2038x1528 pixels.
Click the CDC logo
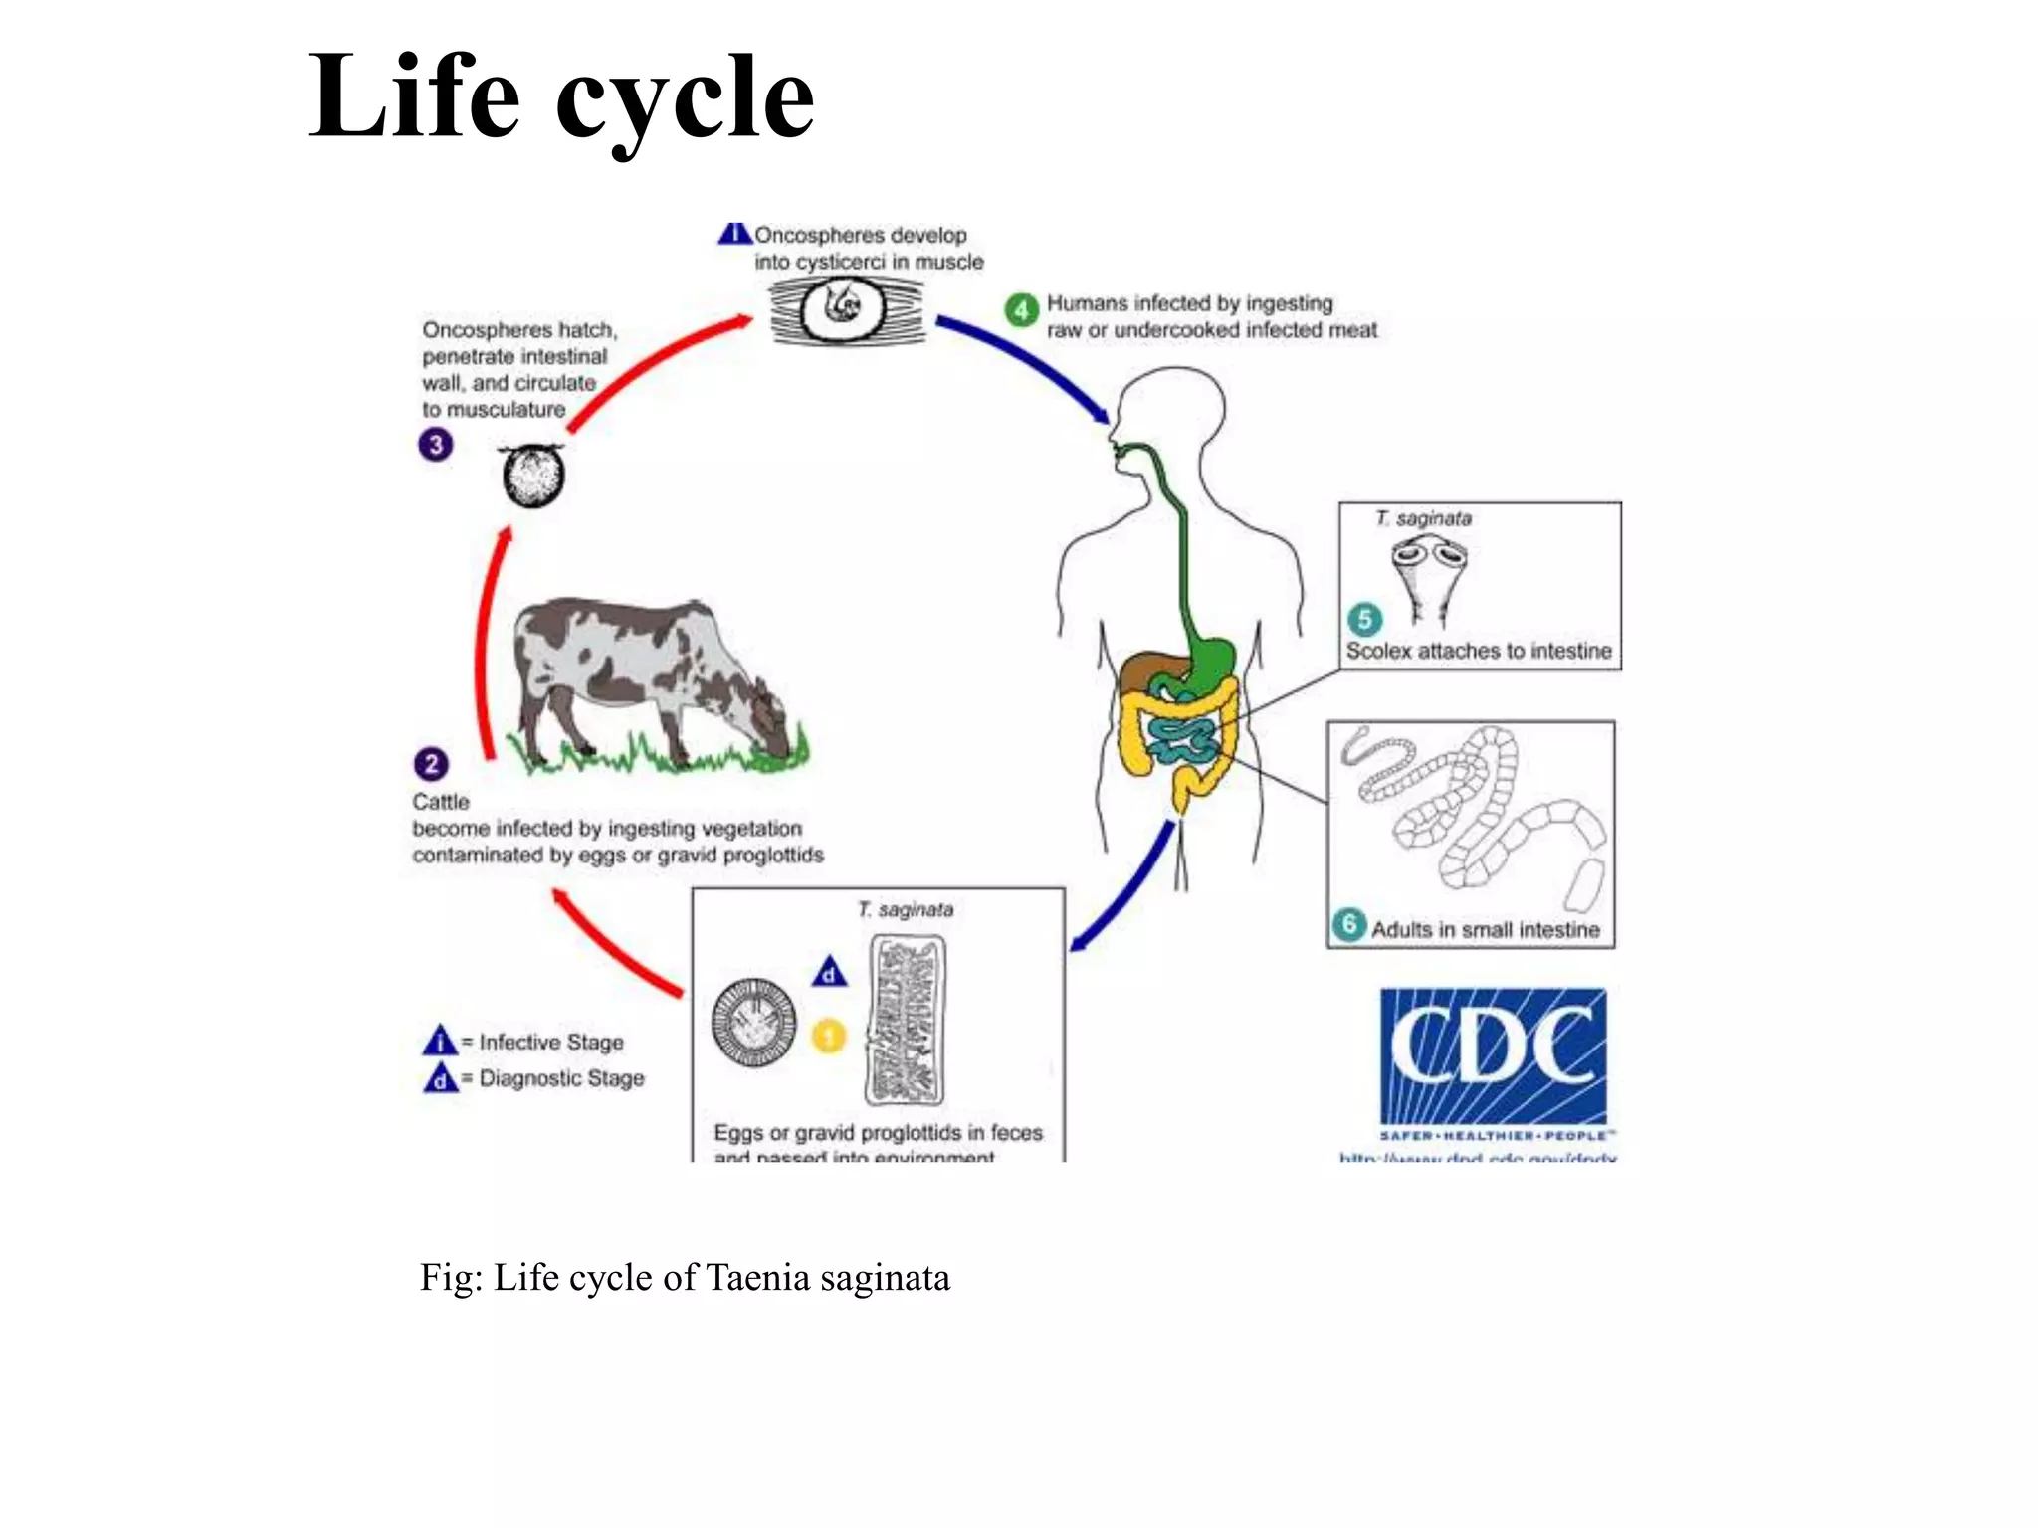tap(1493, 1056)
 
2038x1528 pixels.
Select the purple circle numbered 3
tap(435, 445)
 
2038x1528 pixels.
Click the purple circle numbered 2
tap(431, 764)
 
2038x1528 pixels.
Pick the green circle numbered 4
tap(1021, 310)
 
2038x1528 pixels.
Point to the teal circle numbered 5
tap(1364, 619)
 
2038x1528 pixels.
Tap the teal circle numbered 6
tap(1349, 924)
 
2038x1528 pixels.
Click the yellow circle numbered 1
tap(829, 1036)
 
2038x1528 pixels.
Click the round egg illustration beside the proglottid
tap(754, 1023)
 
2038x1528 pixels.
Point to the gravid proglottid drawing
tap(906, 1021)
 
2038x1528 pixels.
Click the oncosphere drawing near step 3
tap(533, 476)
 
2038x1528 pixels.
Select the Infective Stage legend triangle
tap(440, 1041)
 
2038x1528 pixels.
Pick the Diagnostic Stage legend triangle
tap(440, 1078)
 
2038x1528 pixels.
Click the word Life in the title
tap(413, 96)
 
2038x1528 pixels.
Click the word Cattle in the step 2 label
tap(441, 802)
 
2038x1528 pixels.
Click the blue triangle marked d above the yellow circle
tap(829, 972)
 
